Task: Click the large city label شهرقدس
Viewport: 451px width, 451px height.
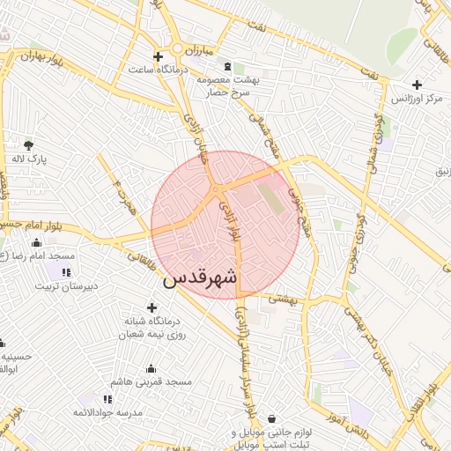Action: pyautogui.click(x=201, y=277)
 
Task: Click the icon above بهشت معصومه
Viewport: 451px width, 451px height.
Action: pyautogui.click(x=228, y=67)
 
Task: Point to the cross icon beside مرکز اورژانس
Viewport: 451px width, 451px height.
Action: pyautogui.click(x=418, y=85)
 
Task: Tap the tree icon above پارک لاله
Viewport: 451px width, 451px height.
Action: pyautogui.click(x=29, y=145)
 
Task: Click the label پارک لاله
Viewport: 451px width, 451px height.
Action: pyautogui.click(x=29, y=159)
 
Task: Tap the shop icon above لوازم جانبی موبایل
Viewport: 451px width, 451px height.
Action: pyautogui.click(x=270, y=418)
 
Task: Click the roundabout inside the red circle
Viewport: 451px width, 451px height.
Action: pyautogui.click(x=214, y=188)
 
